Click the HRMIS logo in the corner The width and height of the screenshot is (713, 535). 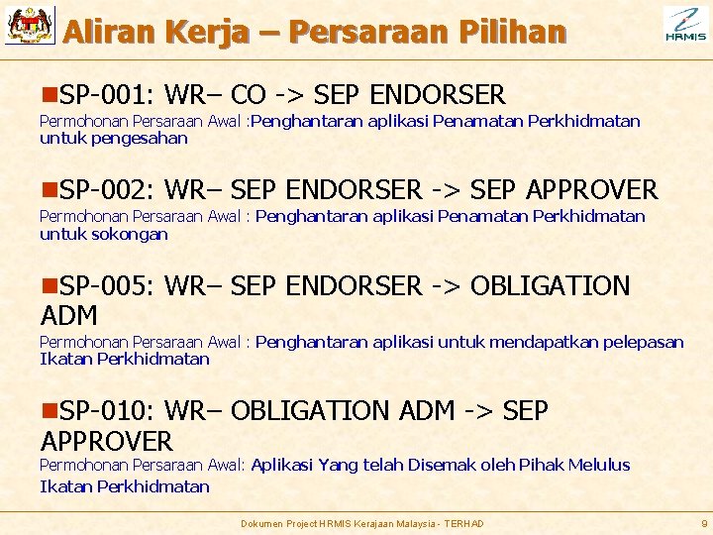[x=685, y=25]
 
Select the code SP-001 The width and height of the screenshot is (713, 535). [x=102, y=95]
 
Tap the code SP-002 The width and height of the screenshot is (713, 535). [x=102, y=189]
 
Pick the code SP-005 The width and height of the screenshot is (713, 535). [x=102, y=286]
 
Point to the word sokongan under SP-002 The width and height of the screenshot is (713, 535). [x=130, y=234]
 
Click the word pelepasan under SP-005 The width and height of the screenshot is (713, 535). [x=633, y=342]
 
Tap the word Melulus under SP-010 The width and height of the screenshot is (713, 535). [x=597, y=465]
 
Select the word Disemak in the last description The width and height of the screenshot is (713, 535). [x=443, y=465]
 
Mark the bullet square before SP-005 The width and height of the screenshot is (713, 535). [x=48, y=287]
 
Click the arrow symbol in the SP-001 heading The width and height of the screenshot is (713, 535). [x=289, y=95]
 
